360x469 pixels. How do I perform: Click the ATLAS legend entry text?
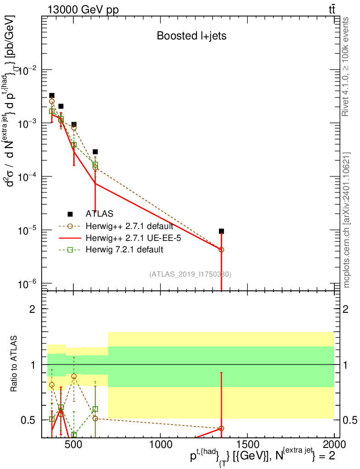coord(99,213)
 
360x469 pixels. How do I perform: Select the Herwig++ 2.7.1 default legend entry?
coord(129,226)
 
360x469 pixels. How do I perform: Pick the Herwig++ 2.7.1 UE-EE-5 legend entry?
coord(129,238)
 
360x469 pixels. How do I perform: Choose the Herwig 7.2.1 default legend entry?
coord(124,250)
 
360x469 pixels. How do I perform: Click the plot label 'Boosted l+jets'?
coord(191,36)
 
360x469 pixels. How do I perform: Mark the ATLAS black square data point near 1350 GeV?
coord(221,231)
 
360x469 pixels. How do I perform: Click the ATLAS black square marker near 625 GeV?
coord(95,152)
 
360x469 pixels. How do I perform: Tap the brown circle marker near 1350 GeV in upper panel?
coord(221,250)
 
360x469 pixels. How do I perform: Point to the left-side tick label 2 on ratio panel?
coord(33,309)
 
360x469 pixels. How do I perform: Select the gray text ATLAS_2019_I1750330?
coord(190,274)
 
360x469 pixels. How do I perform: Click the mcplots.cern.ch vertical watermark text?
coord(347,220)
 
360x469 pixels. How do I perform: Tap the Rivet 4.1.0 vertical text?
coord(347,66)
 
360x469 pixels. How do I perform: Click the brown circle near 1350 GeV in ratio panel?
coord(221,428)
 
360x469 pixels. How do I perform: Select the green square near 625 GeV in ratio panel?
coord(95,409)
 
